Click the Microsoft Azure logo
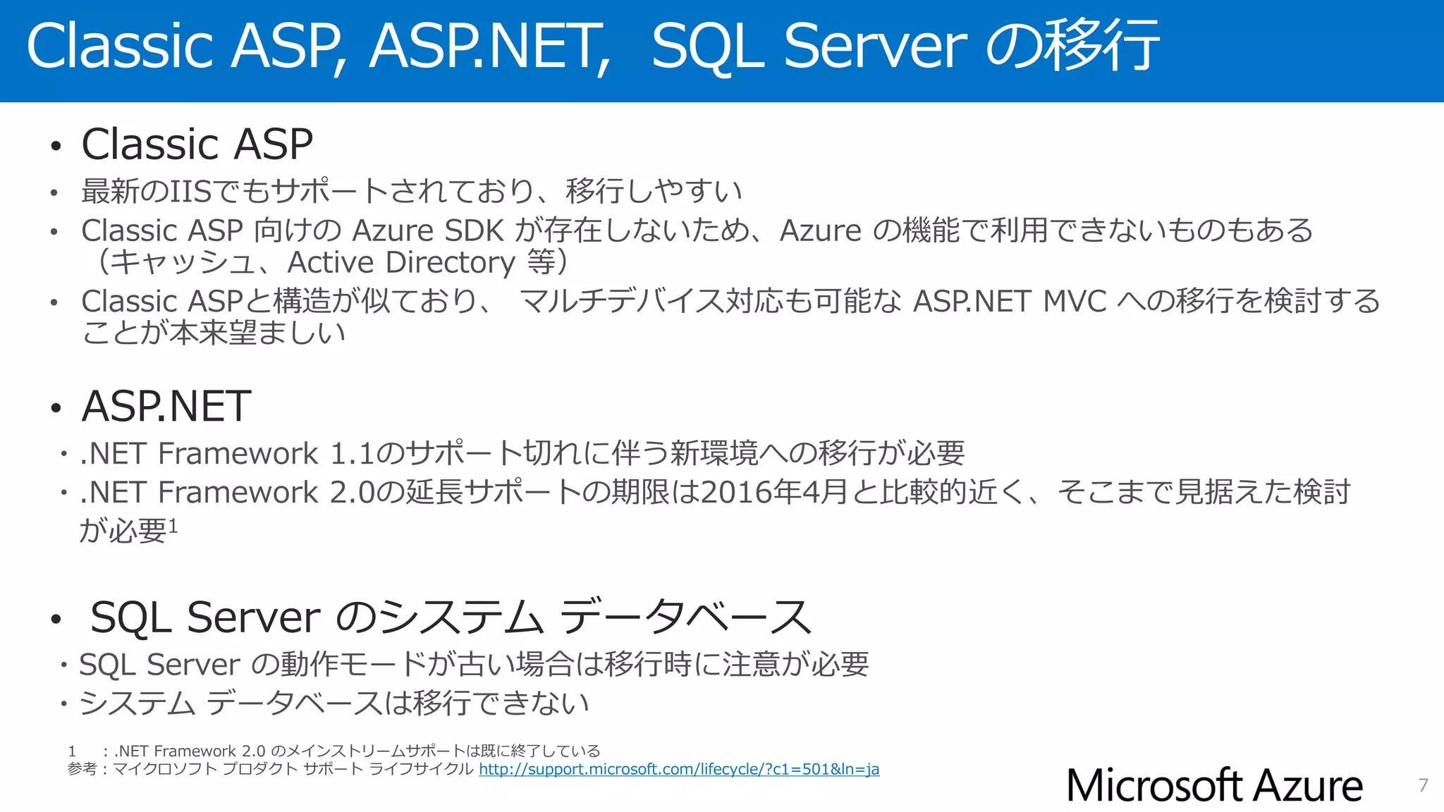pos(1214,785)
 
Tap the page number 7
pos(1423,785)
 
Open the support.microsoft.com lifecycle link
pos(679,769)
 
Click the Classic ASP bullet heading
pos(197,144)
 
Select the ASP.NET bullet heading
pos(166,407)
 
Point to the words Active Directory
pos(401,263)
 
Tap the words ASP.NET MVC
pos(1009,302)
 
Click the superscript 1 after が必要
pos(173,525)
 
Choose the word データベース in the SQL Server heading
pos(685,617)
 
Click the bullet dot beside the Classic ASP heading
pos(56,147)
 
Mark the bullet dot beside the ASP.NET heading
pos(56,409)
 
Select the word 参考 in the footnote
pos(82,769)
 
